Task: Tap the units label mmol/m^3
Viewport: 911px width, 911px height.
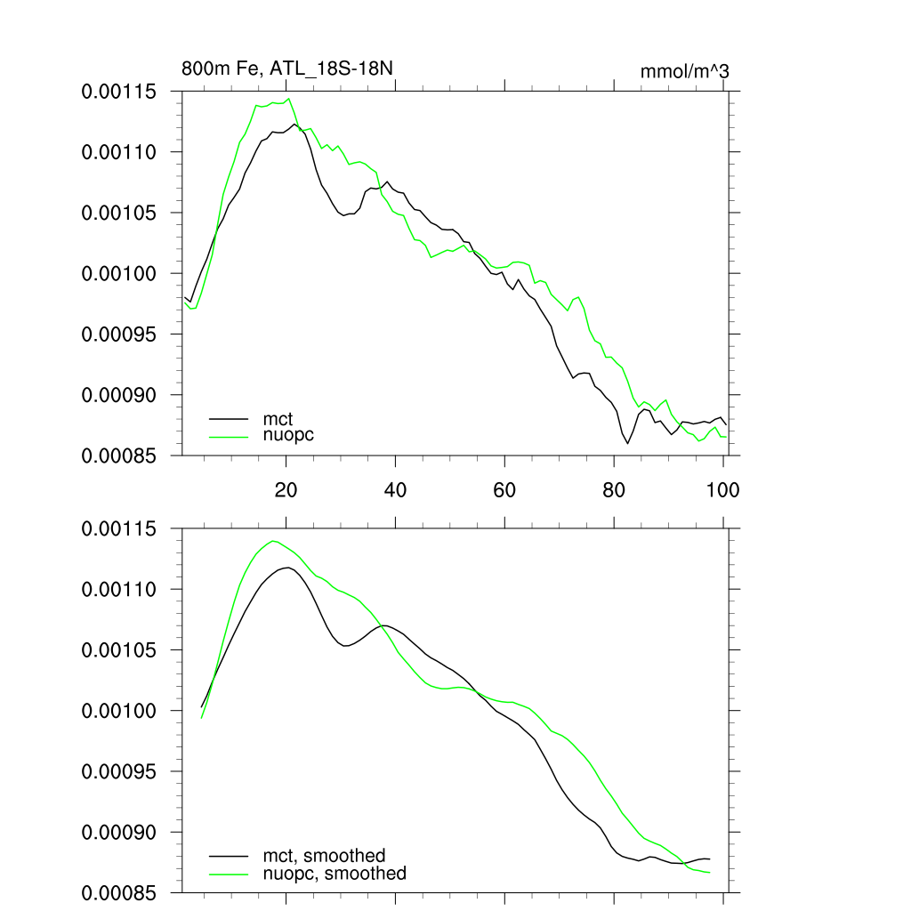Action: tap(684, 70)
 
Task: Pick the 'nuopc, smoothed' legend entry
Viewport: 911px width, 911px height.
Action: tap(334, 874)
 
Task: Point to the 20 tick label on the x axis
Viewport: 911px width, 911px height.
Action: tap(286, 490)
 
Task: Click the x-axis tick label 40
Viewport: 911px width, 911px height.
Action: tap(395, 490)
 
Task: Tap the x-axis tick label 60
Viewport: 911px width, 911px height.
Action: tap(504, 490)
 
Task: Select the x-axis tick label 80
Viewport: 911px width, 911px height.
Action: tap(614, 490)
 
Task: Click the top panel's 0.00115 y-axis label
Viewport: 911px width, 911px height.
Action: tap(119, 92)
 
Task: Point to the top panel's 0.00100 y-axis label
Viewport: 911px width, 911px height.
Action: tap(119, 273)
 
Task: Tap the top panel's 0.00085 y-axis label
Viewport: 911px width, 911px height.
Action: tap(119, 455)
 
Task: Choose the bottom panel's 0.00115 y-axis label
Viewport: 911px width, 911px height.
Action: tap(119, 529)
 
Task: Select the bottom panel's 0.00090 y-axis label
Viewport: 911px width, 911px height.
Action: tap(119, 832)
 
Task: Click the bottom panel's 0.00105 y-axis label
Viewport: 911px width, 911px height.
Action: tap(119, 650)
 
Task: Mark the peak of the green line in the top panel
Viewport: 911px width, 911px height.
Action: tap(288, 99)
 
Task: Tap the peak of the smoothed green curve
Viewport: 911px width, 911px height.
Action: tap(273, 541)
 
